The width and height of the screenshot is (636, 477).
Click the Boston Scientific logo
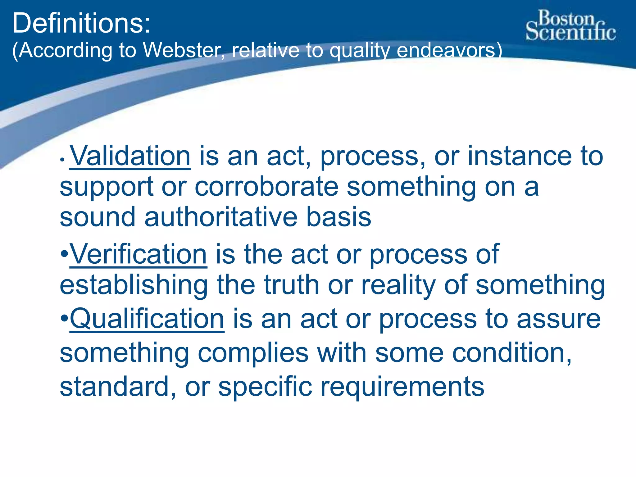pyautogui.click(x=570, y=25)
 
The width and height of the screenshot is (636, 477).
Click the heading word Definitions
pyautogui.click(x=81, y=23)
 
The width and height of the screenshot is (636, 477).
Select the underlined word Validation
pyautogui.click(x=130, y=156)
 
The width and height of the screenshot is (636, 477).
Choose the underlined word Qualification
pyautogui.click(x=147, y=319)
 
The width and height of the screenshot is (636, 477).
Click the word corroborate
pyautogui.click(x=266, y=187)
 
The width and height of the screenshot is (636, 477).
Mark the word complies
pyautogui.click(x=253, y=353)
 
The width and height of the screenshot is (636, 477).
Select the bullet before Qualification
pyautogui.click(x=64, y=319)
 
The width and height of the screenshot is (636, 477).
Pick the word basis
pyautogui.click(x=339, y=217)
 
